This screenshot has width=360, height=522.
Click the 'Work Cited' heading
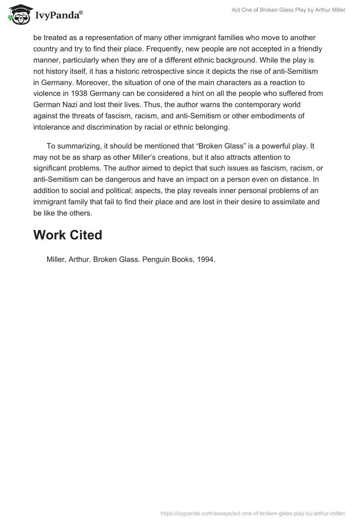pyautogui.click(x=68, y=235)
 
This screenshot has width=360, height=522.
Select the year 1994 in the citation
pyautogui.click(x=207, y=260)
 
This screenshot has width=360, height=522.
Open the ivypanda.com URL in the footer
pyautogui.click(x=253, y=513)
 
